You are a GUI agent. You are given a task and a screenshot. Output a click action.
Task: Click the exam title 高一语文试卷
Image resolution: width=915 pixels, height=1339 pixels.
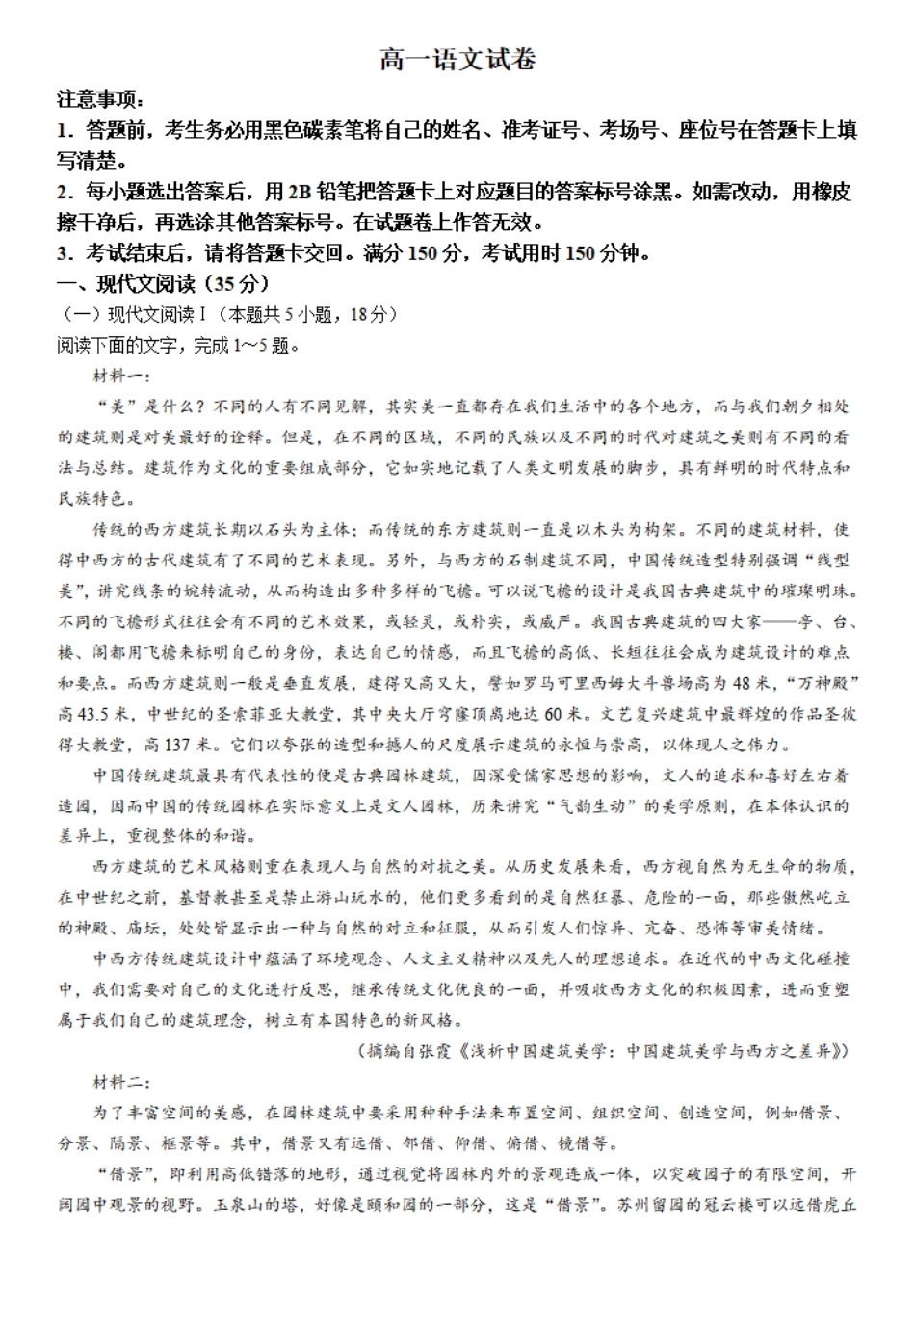click(457, 60)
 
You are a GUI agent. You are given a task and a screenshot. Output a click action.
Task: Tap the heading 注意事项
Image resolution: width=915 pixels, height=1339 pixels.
click(99, 99)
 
